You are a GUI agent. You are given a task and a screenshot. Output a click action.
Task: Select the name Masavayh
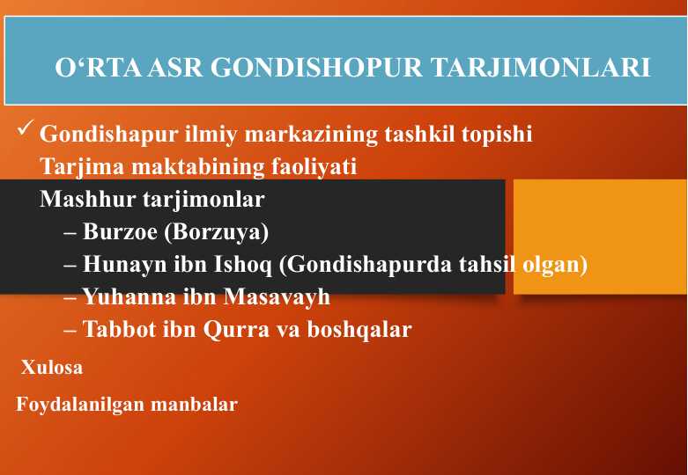tap(277, 297)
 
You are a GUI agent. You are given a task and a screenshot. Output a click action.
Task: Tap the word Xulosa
tap(52, 368)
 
